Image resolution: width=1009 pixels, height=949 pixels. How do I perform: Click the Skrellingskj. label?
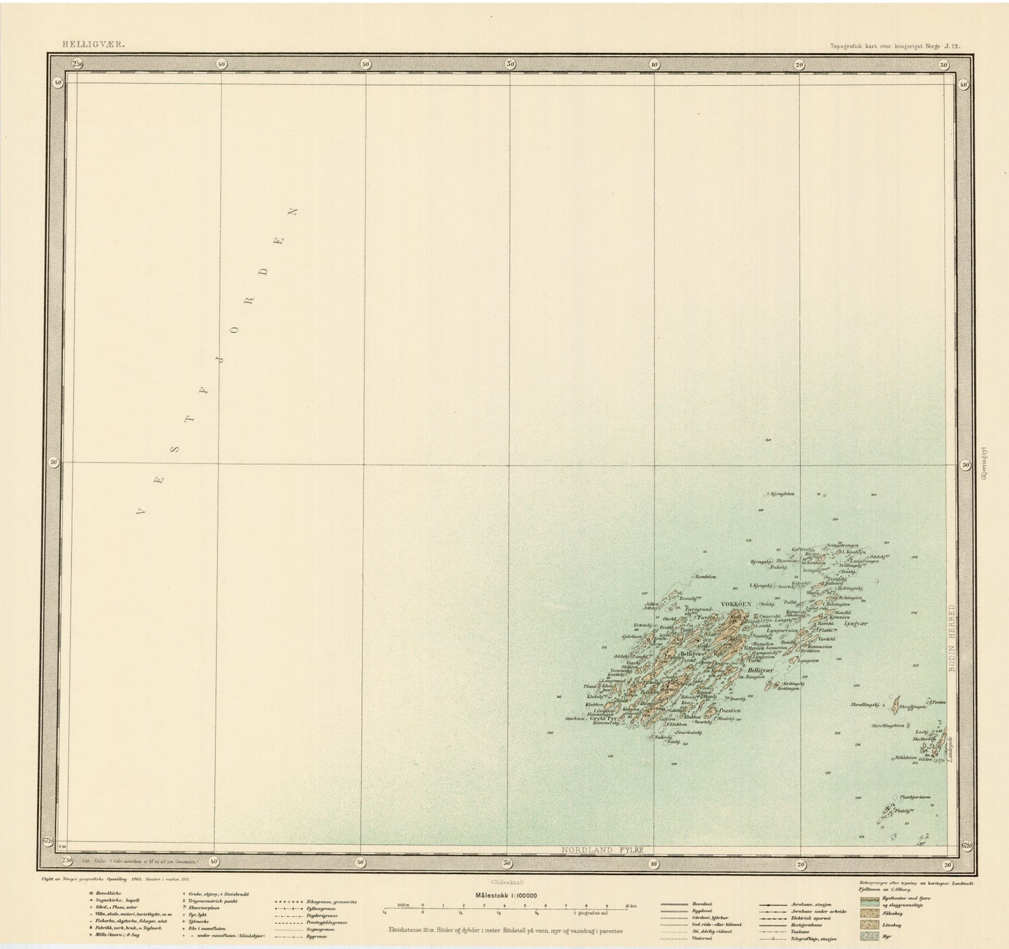click(864, 706)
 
